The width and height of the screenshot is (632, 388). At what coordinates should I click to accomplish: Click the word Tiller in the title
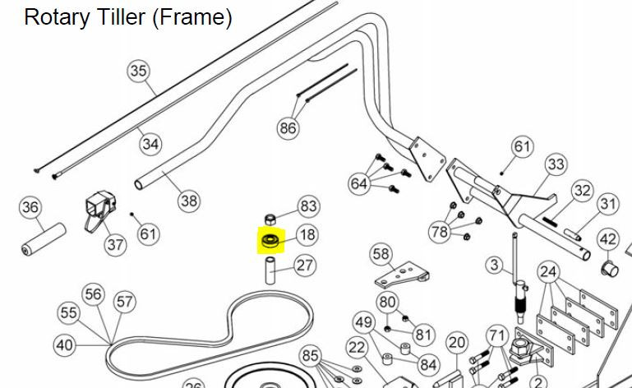pos(114,17)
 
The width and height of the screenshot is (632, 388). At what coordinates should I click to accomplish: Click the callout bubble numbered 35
pos(138,71)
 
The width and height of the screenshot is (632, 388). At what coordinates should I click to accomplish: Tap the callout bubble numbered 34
pos(150,144)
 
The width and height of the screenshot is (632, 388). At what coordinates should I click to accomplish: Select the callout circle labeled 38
pos(189,201)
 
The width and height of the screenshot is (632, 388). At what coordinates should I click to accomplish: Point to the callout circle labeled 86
pos(288,128)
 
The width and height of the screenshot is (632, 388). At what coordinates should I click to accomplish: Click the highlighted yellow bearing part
pos(271,241)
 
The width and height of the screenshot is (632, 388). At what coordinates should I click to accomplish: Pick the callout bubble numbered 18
pos(307,235)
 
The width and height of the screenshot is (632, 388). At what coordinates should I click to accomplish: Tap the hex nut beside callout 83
pos(270,219)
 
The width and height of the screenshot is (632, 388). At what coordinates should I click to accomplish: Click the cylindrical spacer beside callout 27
pos(270,270)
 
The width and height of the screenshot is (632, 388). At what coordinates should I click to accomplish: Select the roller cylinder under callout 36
pos(43,239)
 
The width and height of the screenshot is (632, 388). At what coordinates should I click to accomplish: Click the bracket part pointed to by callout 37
pos(100,209)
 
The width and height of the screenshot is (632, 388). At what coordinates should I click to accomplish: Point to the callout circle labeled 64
pos(358,184)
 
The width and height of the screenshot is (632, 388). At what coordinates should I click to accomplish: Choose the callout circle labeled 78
pos(440,232)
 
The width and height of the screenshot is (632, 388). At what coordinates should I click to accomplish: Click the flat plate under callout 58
pos(401,275)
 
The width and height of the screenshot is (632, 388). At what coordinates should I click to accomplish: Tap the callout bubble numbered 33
pos(556,164)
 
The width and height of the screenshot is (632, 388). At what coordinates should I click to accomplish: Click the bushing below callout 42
pos(609,269)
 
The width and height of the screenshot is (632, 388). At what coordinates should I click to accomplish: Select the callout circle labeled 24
pos(548,272)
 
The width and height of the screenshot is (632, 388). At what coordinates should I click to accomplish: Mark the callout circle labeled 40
pos(64,345)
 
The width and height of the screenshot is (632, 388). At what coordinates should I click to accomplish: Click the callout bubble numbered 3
pos(495,266)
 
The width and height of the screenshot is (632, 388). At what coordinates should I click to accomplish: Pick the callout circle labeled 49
pos(363,322)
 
